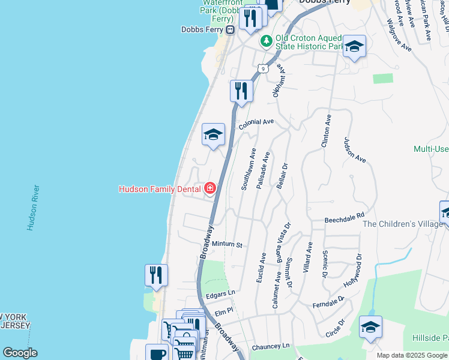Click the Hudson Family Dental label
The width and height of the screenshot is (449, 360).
coord(160,189)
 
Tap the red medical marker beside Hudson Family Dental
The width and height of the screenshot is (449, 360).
coord(209,188)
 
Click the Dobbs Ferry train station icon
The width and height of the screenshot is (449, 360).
coord(230,29)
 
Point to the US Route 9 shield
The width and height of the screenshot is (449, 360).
coord(262,68)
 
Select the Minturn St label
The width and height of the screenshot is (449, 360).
coord(226,245)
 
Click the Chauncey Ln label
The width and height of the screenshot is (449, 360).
coord(271,346)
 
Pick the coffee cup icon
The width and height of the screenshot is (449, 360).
coord(157,353)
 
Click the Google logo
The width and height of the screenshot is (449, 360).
coord(20,352)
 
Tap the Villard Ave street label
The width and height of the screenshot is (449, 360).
coord(308,257)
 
